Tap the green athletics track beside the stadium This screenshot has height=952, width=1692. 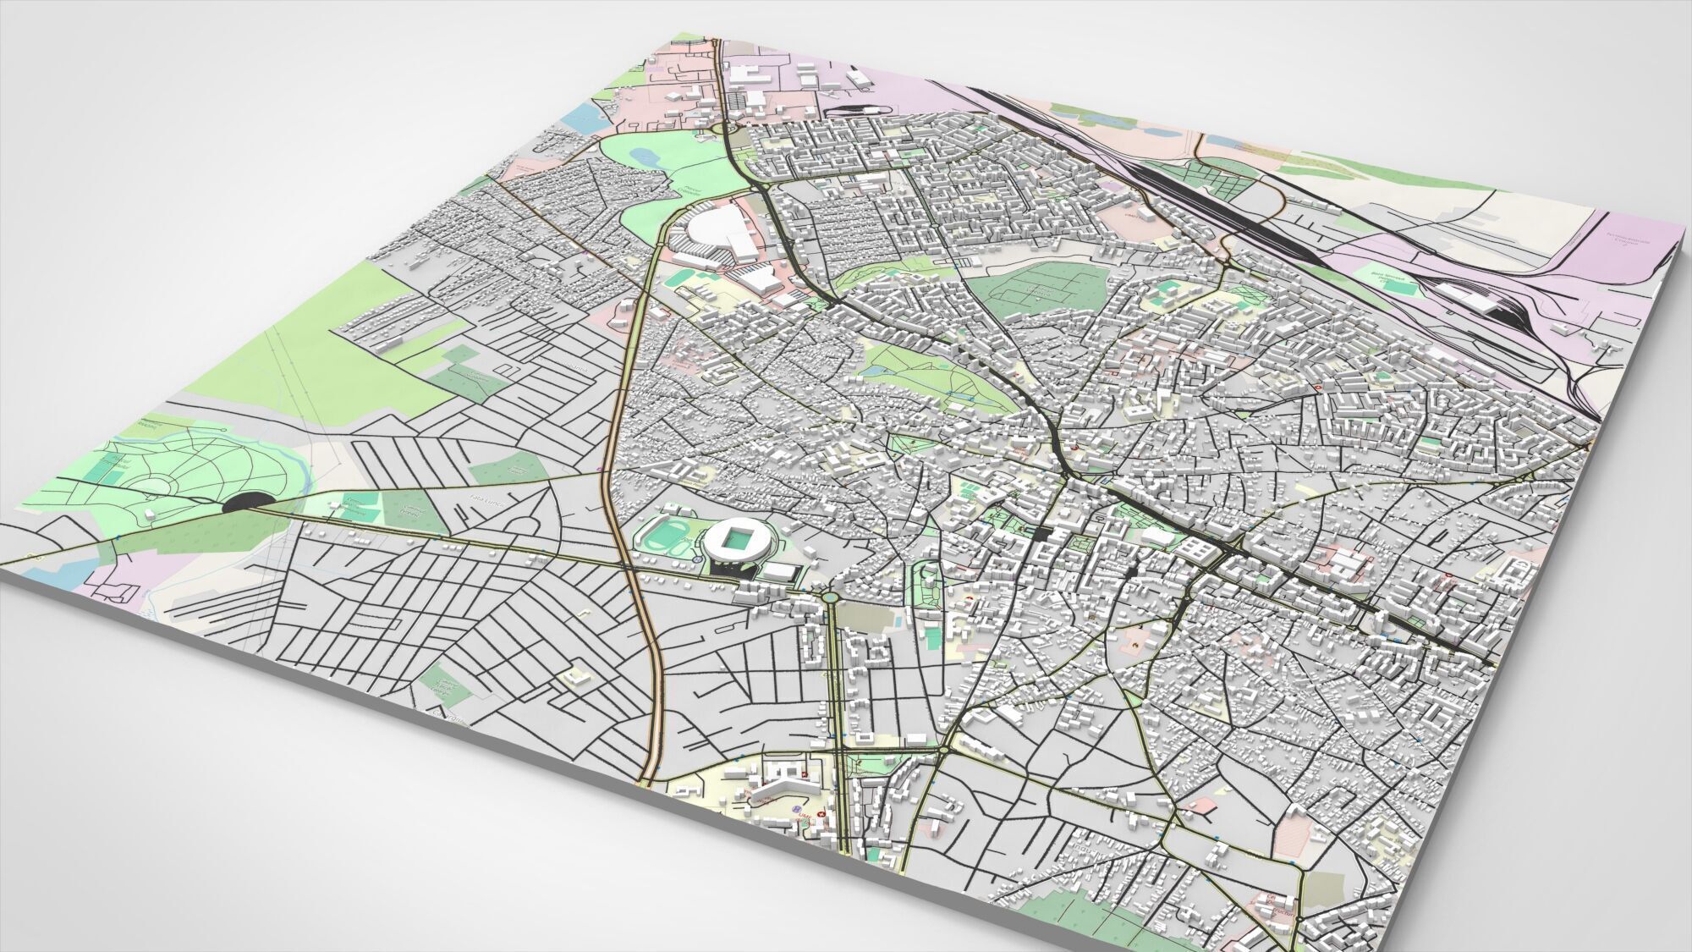[662, 538]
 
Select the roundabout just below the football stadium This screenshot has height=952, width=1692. [831, 597]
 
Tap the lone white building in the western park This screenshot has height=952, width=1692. [151, 512]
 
